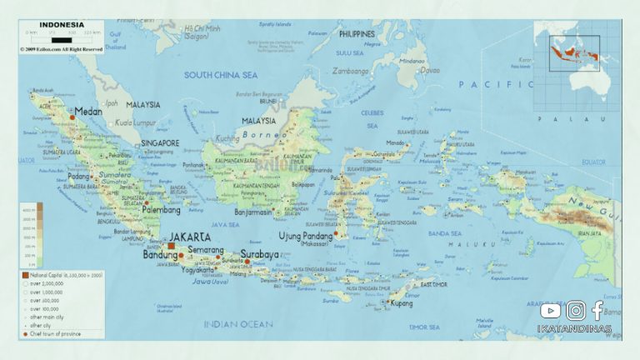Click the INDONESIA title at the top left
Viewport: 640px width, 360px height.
point(62,24)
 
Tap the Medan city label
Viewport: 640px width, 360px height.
point(87,111)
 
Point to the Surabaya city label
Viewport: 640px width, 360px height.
point(263,252)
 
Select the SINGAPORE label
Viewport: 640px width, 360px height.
point(159,143)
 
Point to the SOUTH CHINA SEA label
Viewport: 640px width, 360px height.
point(220,75)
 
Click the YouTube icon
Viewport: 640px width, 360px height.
point(550,311)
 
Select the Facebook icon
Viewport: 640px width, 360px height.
point(597,311)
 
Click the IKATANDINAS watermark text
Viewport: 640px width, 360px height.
point(574,329)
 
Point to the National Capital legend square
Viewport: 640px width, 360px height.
point(25,274)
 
